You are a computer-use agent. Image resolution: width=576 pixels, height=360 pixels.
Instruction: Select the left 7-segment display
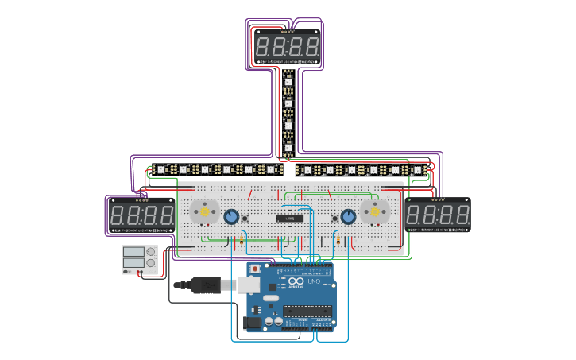(x=141, y=215)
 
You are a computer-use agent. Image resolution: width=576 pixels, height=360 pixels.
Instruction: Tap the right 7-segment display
(x=438, y=215)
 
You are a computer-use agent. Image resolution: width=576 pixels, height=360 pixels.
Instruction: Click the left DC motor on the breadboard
(x=204, y=212)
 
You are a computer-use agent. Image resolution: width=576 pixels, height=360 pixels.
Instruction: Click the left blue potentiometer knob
(x=231, y=216)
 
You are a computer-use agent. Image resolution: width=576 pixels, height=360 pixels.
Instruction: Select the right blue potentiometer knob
(x=347, y=216)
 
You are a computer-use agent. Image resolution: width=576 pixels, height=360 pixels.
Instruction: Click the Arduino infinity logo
(x=296, y=281)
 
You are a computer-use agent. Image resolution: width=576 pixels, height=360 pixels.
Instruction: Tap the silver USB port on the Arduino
(x=251, y=285)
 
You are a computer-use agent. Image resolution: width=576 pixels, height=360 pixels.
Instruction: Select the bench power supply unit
(x=138, y=260)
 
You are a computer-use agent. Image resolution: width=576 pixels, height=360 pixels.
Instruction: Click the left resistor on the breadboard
(x=241, y=240)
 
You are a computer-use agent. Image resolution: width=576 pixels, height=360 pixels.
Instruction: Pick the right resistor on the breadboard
(x=339, y=240)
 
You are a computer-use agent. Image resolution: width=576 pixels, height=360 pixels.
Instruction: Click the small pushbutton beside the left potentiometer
(x=247, y=219)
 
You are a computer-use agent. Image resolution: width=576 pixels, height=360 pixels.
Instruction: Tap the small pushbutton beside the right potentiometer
(x=332, y=219)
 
